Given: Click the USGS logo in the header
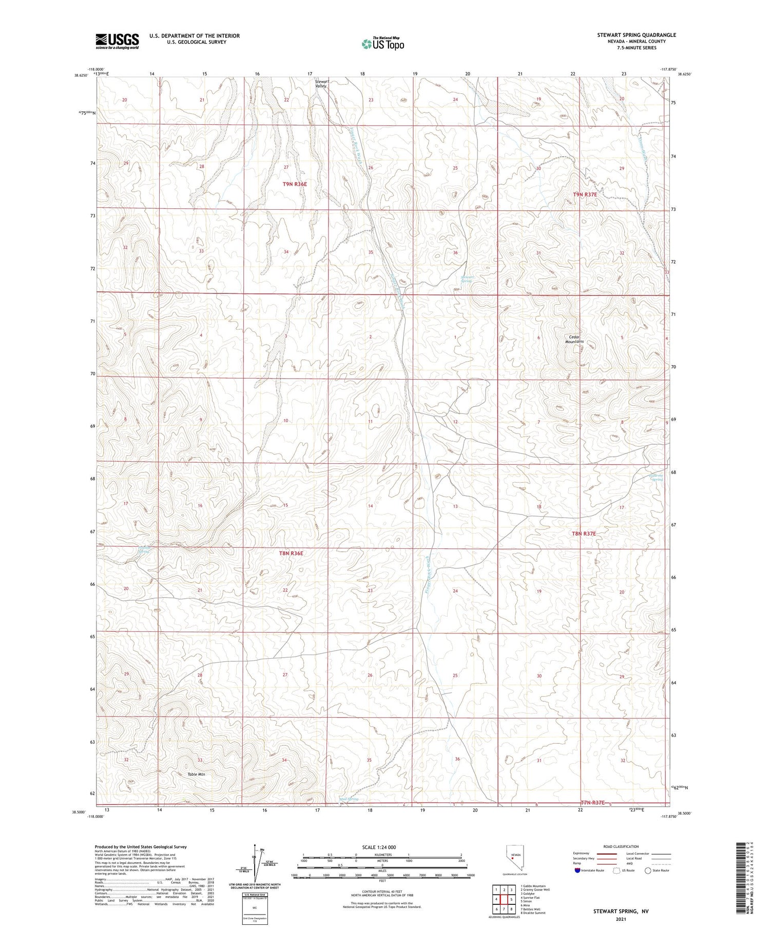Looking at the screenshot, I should click(117, 41).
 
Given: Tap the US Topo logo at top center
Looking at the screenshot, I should click(382, 44).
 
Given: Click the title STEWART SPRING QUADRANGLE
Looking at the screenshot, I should click(636, 35).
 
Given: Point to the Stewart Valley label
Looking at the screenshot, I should click(321, 84).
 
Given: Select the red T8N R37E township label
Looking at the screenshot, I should click(584, 533).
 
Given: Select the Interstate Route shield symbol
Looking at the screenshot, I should click(577, 870).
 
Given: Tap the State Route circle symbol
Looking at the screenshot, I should click(648, 870).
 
